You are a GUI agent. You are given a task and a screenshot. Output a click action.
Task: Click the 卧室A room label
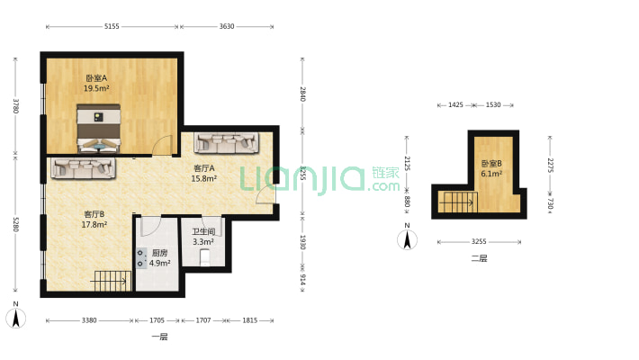coord(96,78)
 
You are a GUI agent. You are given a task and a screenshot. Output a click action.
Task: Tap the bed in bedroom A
coord(99,129)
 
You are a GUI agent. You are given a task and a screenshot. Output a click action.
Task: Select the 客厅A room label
coord(203,168)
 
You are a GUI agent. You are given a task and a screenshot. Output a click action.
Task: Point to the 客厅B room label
coord(94,214)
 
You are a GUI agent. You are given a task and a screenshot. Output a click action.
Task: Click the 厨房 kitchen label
coord(159,253)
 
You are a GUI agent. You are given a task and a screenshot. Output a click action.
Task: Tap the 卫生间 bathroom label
coord(203,231)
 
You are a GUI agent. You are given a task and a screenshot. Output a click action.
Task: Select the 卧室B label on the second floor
coord(491,164)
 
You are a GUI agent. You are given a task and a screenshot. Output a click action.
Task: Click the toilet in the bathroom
coord(205,257)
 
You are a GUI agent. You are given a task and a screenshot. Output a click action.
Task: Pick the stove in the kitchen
coord(141,258)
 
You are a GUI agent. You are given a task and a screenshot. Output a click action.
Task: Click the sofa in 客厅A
coord(226,142)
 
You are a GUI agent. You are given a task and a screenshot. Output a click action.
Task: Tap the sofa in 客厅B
coord(83,168)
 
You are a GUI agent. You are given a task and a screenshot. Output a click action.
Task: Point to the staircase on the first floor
coord(111,282)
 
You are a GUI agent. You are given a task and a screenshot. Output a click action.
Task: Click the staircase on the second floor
coord(458,202)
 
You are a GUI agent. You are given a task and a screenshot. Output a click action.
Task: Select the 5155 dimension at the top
coord(112,26)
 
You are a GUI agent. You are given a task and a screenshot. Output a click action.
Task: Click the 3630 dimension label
coord(227,26)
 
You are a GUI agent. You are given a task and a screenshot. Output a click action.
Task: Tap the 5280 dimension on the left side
coord(15,224)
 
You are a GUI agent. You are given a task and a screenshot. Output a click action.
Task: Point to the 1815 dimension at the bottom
coord(250,320)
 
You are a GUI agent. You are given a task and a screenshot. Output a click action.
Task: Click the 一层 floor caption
coord(159,337)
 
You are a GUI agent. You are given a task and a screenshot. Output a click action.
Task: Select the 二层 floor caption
coord(479,258)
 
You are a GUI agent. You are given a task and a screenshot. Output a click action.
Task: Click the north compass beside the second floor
coord(407,238)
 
